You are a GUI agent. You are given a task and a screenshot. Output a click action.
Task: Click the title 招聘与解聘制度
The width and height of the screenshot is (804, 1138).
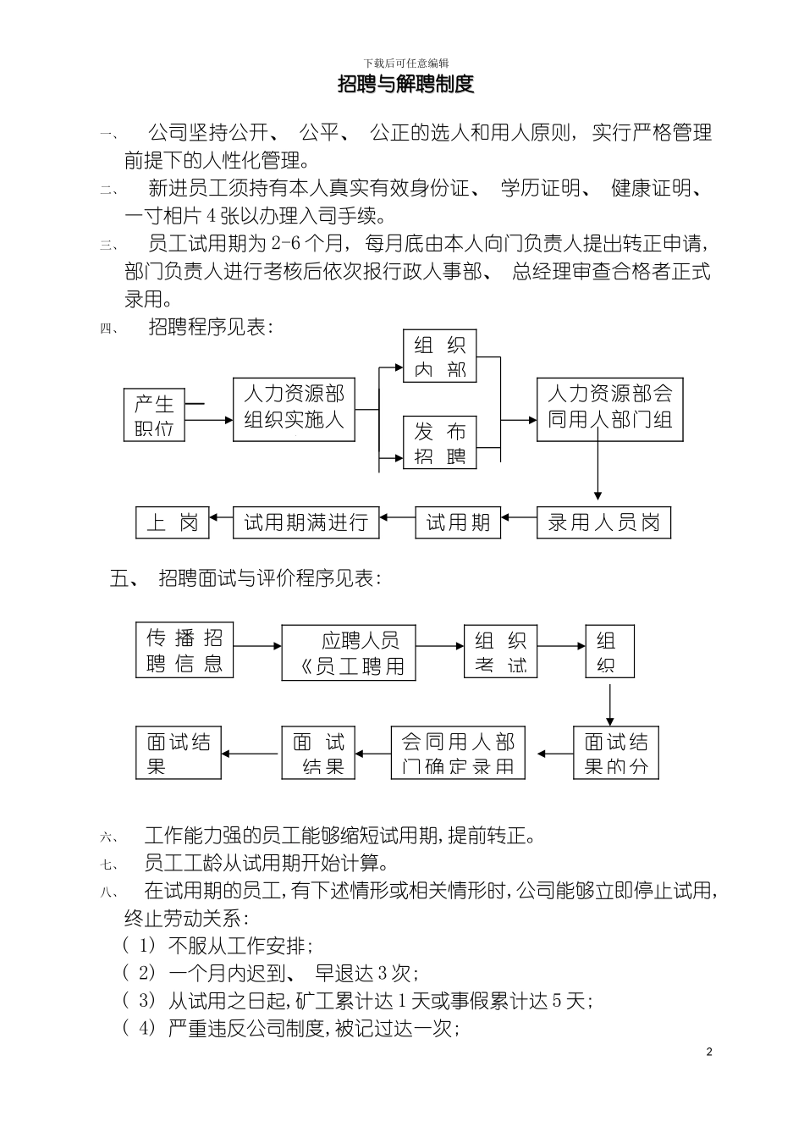405,84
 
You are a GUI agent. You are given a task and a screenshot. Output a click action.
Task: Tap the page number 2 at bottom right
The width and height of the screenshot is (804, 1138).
709,1052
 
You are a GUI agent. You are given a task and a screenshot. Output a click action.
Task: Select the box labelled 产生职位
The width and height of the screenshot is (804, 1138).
154,415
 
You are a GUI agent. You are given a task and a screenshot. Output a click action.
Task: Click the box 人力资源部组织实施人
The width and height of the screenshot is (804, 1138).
294,407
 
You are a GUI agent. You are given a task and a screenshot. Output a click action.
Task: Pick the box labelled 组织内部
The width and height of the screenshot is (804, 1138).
440,356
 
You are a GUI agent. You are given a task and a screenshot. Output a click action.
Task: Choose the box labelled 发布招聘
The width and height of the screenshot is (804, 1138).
440,443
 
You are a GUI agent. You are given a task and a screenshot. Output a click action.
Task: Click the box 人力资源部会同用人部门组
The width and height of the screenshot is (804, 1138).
609,407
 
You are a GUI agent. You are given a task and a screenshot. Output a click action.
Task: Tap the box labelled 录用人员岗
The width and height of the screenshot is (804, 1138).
603,522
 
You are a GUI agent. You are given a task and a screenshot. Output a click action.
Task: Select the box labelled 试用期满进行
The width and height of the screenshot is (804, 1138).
306,522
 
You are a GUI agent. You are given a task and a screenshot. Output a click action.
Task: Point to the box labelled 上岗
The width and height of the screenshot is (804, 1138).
173,522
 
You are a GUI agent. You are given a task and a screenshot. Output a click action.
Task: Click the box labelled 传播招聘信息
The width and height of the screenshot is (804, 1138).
184,649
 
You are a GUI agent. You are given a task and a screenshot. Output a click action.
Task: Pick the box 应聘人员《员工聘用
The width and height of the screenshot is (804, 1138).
348,653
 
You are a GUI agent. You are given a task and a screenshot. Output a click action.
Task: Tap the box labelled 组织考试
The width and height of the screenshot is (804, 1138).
500,651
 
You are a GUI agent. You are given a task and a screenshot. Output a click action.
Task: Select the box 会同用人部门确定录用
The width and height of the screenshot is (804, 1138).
458,753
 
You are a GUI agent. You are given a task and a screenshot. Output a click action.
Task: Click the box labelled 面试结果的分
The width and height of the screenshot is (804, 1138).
615,753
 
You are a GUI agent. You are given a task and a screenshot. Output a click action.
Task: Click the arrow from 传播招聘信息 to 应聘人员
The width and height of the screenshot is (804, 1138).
257,647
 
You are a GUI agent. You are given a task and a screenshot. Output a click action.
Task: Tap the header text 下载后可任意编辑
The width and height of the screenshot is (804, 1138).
405,64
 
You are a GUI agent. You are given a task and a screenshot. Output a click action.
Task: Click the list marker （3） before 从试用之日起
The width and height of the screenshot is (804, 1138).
140,1001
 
